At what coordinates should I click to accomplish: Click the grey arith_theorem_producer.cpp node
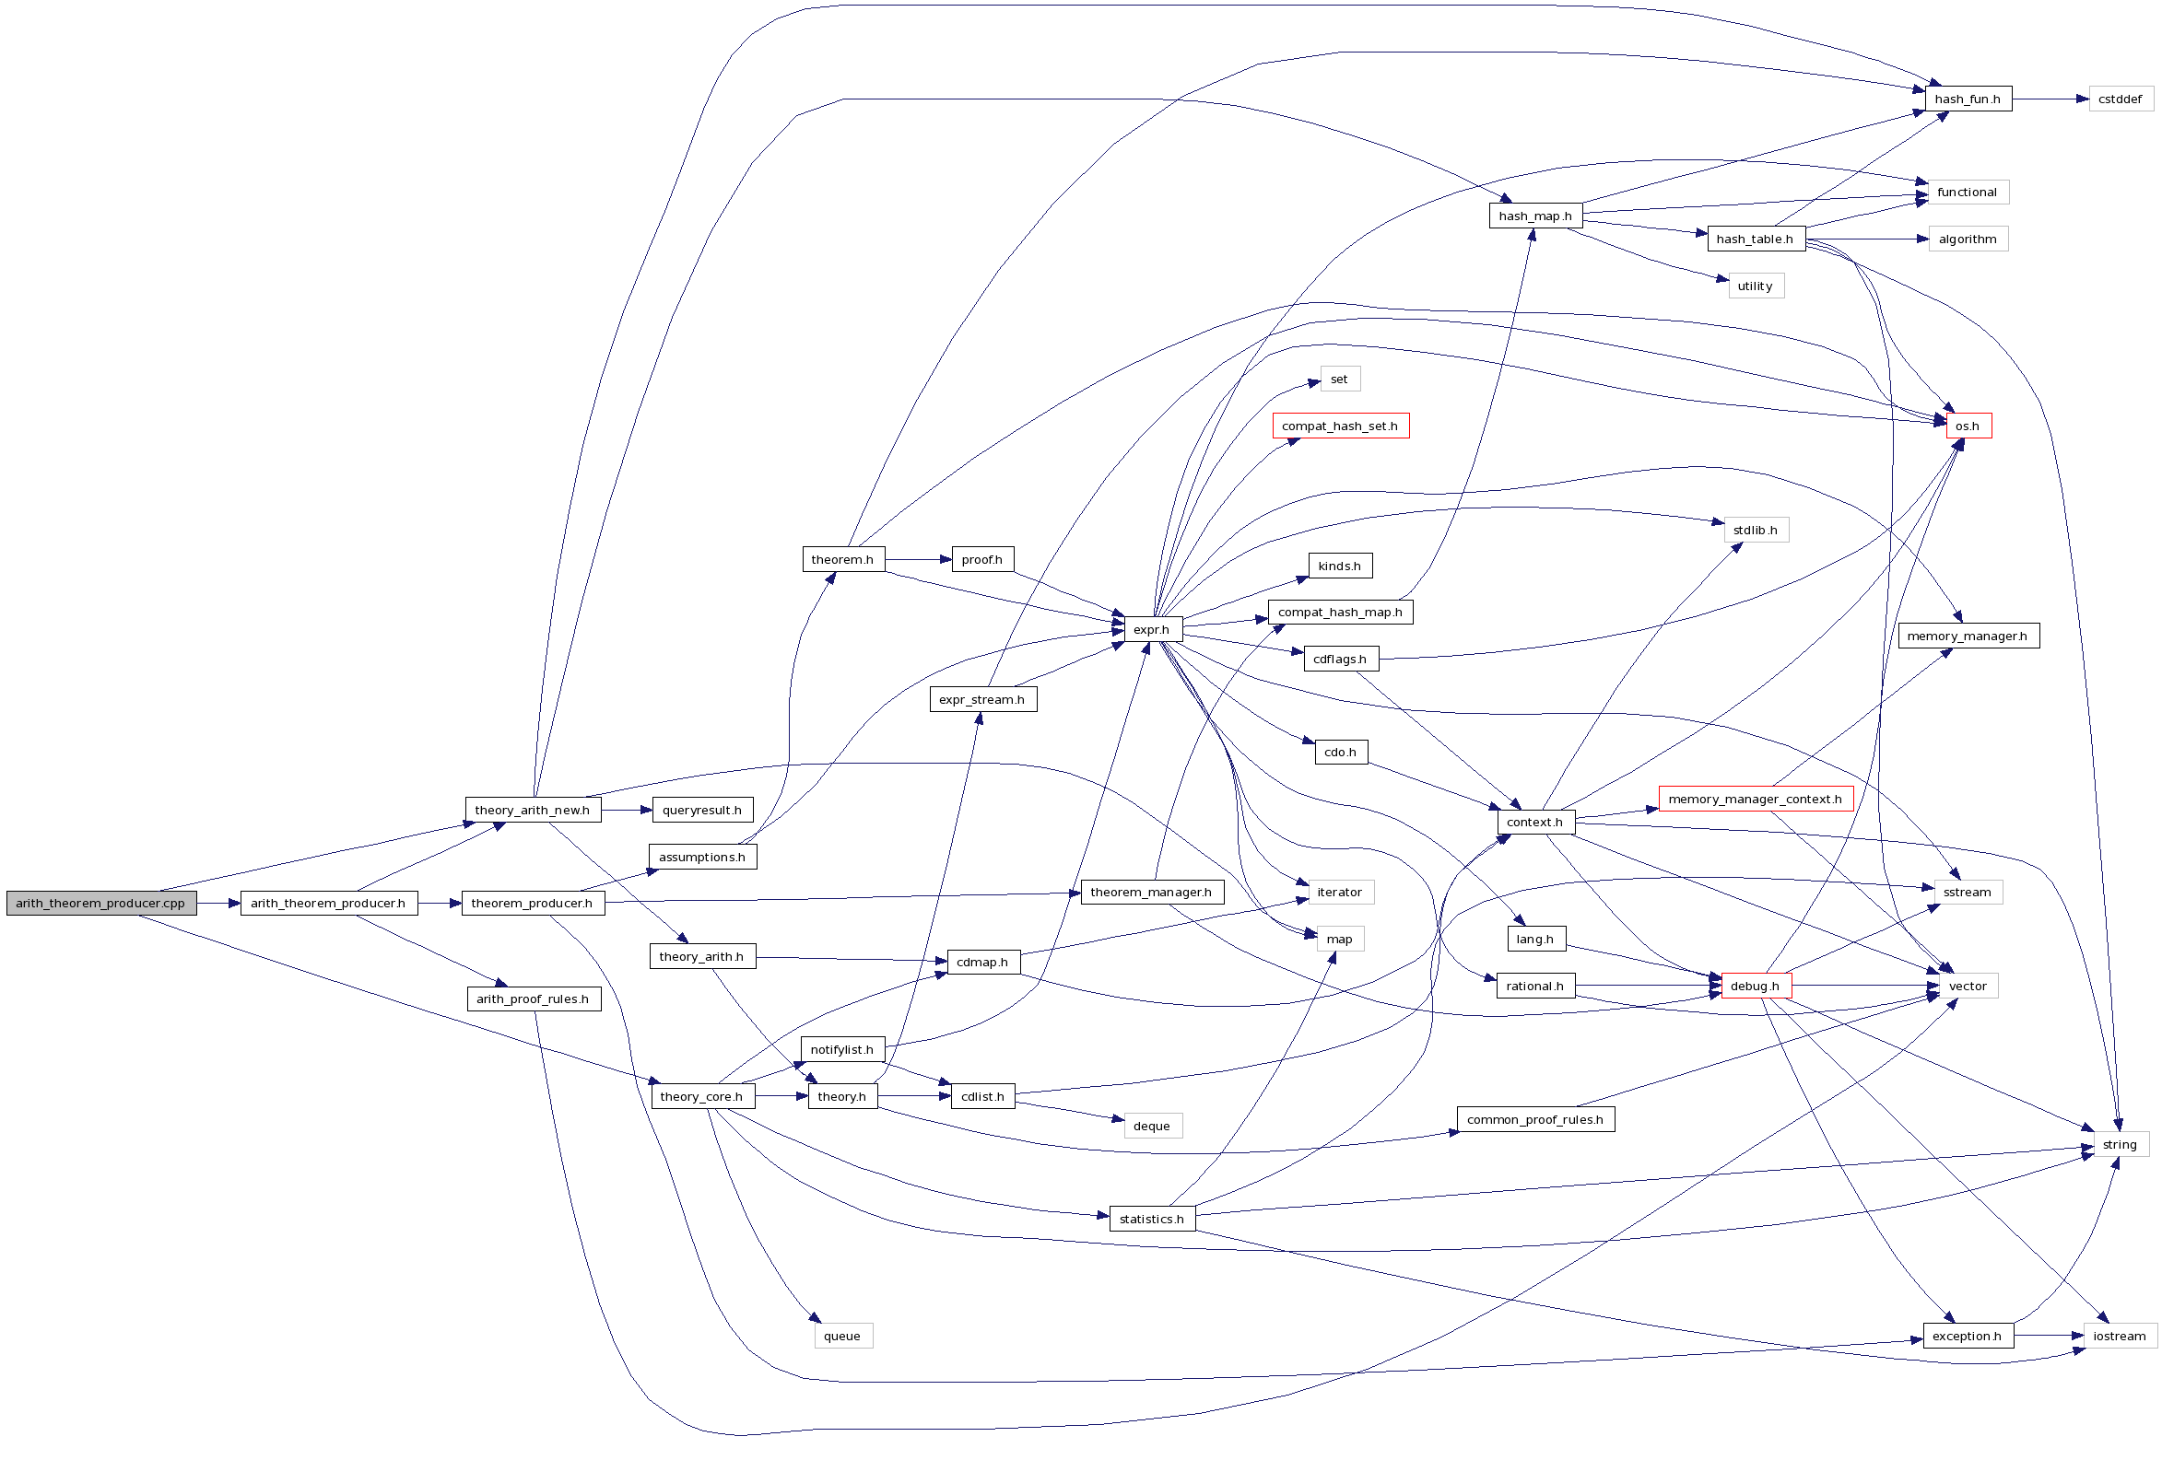click(100, 903)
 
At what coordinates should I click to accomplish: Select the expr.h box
click(1152, 629)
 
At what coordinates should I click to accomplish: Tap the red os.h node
click(1968, 426)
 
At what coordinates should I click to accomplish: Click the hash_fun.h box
click(1968, 99)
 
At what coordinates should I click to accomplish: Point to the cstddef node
click(2121, 99)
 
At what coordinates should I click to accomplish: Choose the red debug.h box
click(1756, 986)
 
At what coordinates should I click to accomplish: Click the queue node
click(842, 1337)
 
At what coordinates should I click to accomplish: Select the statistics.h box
click(1152, 1220)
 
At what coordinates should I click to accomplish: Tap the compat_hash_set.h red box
click(1340, 426)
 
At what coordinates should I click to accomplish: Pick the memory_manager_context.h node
click(1756, 799)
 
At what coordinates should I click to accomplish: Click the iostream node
click(2120, 1337)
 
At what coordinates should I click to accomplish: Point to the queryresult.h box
click(702, 810)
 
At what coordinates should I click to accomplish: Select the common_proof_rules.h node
click(1535, 1120)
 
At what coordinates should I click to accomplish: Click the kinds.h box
click(1340, 566)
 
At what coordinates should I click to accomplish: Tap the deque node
click(1152, 1127)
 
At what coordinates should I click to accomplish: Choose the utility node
click(1756, 286)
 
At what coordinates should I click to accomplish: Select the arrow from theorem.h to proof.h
click(918, 560)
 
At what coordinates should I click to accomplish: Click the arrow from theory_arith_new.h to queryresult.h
click(626, 810)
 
